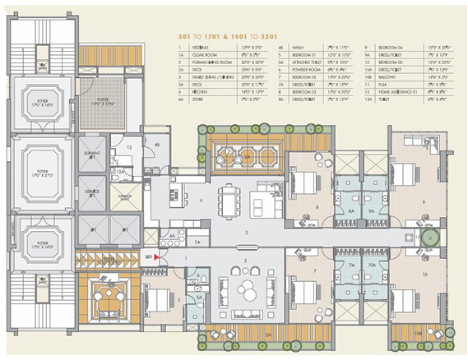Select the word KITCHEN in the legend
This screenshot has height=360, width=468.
coord(203,93)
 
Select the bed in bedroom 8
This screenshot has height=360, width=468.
coord(305,182)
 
